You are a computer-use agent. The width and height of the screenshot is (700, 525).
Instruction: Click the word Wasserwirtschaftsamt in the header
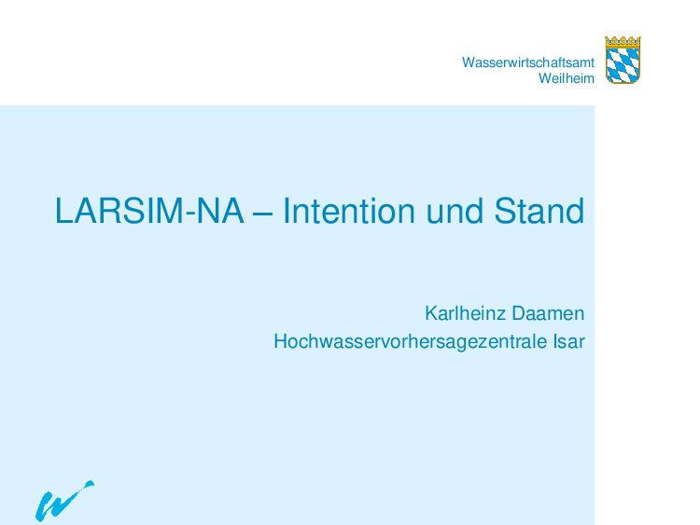(528, 62)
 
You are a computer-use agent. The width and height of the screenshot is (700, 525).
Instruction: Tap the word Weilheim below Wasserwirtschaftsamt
(567, 78)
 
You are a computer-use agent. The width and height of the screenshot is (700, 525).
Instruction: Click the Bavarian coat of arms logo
(623, 61)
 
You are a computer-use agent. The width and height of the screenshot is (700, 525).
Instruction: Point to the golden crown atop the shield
(623, 41)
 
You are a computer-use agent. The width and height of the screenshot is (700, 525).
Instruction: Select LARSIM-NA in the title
(149, 211)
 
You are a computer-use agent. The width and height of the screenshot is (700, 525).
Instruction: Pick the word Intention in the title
(349, 211)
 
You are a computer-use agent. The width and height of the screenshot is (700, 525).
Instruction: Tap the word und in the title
(455, 211)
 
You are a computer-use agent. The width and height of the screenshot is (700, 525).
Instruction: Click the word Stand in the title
(539, 211)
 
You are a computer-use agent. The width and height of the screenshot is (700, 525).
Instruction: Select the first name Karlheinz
(465, 313)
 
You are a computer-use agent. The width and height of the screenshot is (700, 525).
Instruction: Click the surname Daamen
(548, 313)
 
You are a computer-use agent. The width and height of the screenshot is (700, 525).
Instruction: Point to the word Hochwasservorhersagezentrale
(411, 341)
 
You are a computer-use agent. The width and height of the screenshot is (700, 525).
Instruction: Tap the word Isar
(569, 341)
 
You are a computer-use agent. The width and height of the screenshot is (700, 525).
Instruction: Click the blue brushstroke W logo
(64, 501)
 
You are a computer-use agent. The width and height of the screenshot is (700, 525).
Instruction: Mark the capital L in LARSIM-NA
(63, 211)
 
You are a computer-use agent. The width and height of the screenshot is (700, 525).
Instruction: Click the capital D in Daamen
(519, 313)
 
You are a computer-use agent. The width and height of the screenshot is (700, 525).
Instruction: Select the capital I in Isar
(555, 341)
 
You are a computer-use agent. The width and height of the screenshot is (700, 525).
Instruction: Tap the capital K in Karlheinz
(432, 313)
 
